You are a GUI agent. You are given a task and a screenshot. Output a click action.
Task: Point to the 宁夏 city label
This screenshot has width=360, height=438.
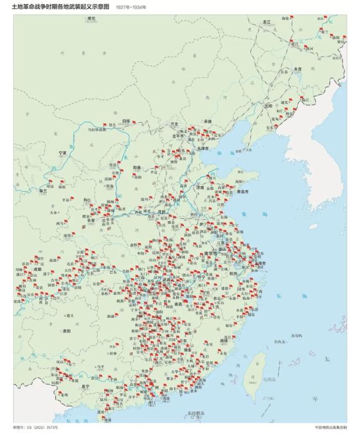pyautogui.click(x=62, y=152)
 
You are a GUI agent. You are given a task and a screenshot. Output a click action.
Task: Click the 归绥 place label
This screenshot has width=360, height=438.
pyautogui.click(x=126, y=121)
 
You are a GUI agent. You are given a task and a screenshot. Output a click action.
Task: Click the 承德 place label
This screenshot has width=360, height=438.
pyautogui.click(x=207, y=121)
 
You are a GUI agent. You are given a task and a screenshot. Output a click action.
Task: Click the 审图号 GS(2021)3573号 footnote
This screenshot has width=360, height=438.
pyautogui.click(x=36, y=428)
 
